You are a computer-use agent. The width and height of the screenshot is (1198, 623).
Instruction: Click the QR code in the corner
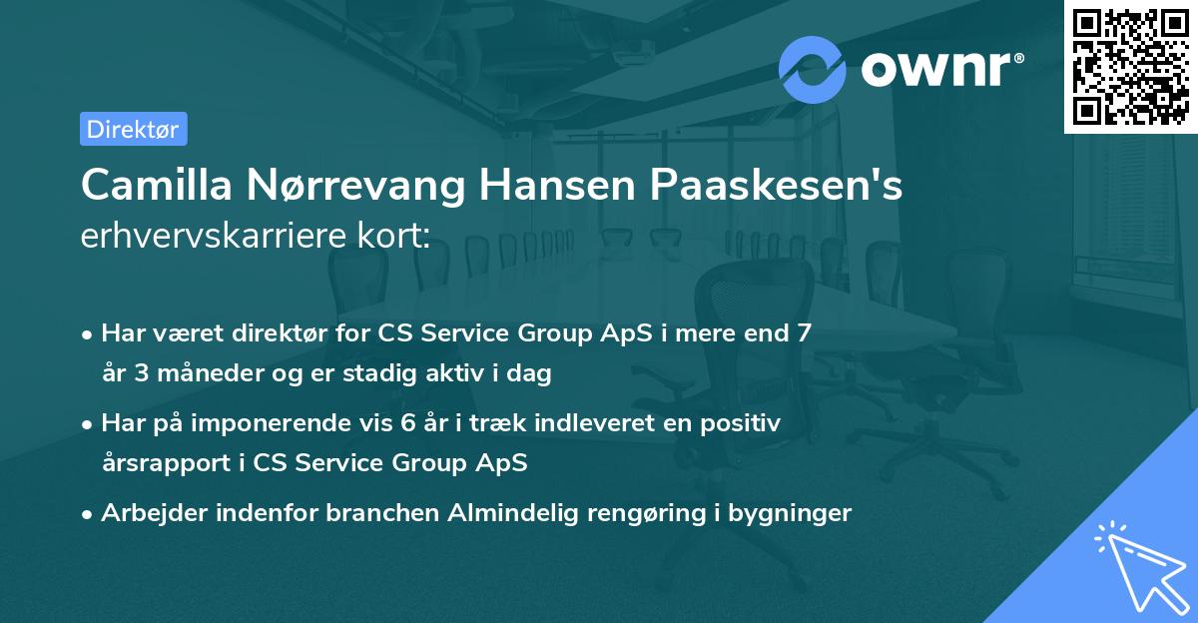pyautogui.click(x=1131, y=66)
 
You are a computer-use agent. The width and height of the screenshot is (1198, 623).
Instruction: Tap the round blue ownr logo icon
pyautogui.click(x=812, y=69)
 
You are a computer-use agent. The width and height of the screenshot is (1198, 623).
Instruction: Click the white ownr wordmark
pyautogui.click(x=939, y=69)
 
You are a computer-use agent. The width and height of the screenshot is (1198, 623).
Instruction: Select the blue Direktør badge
pyautogui.click(x=133, y=129)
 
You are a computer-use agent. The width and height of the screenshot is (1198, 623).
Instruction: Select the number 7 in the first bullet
pyautogui.click(x=803, y=333)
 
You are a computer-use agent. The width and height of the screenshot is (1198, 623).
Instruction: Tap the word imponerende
pyautogui.click(x=297, y=423)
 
